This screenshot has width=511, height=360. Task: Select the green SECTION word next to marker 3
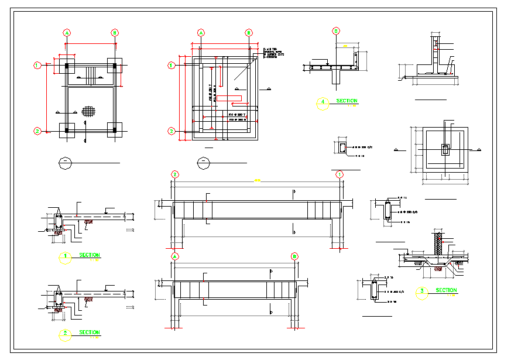(x=446, y=290)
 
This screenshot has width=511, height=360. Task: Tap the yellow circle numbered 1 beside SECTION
(x=66, y=257)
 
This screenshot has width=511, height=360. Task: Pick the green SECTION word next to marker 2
(x=90, y=332)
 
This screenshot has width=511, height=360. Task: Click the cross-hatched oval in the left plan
(x=88, y=109)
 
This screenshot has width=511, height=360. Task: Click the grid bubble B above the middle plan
(x=249, y=33)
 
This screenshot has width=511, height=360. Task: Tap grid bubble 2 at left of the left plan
(x=37, y=131)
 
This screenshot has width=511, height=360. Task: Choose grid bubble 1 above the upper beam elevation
(x=339, y=174)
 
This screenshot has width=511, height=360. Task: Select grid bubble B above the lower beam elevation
(x=295, y=256)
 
